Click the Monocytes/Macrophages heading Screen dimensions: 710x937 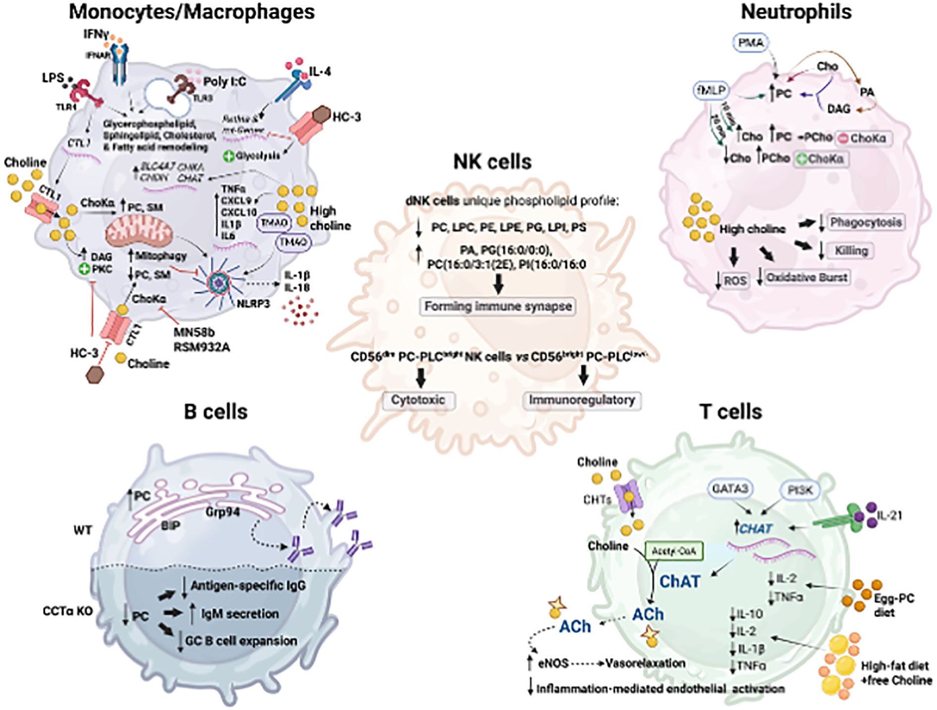191,12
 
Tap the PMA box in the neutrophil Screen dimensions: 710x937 751,43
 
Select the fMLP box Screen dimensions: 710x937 711,91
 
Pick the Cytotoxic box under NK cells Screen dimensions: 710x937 418,400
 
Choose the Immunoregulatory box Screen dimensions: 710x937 582,400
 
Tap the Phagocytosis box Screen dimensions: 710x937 866,222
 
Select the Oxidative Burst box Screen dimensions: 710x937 807,277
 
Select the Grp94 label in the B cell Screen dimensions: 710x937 223,511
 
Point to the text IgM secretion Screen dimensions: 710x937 239,614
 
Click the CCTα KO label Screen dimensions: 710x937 68,611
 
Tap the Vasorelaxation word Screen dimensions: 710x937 645,663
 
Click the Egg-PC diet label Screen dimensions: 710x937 893,605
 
